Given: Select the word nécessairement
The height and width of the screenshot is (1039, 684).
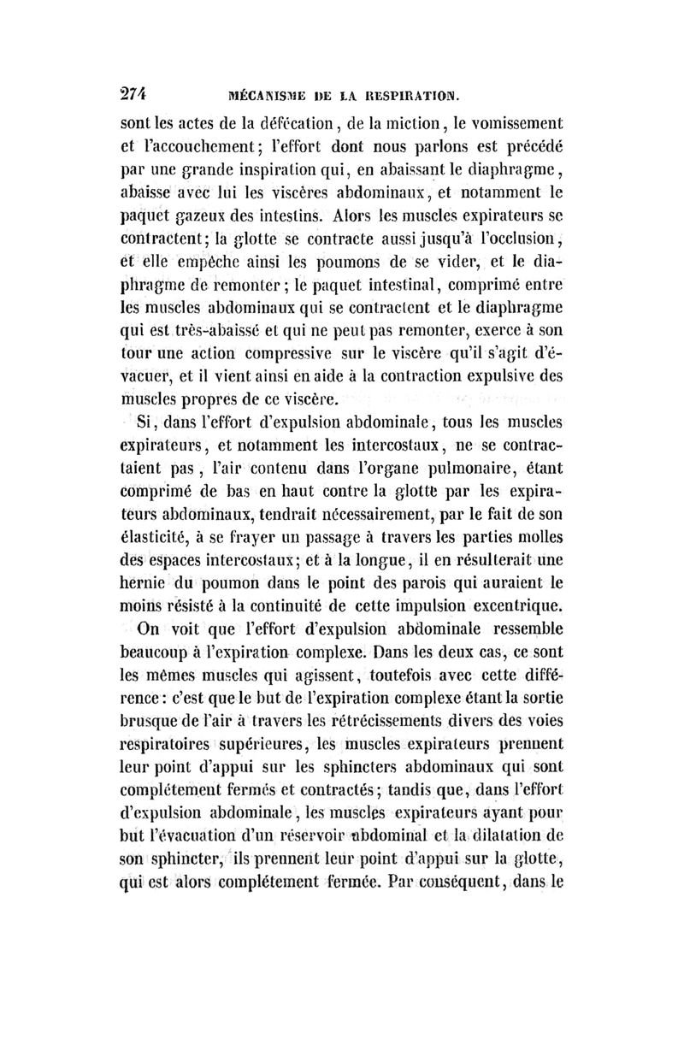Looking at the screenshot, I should click(412, 517).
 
